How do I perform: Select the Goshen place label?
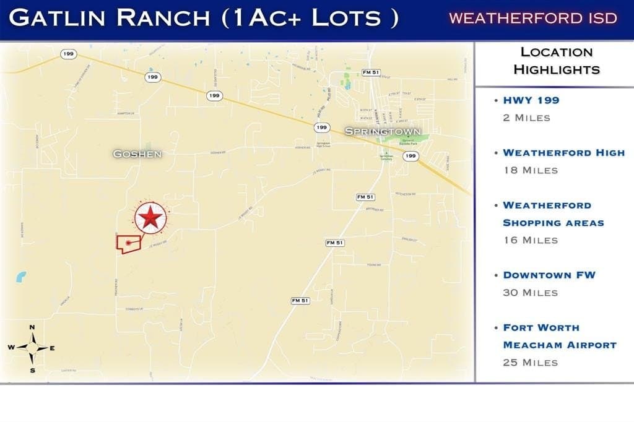tap(137, 153)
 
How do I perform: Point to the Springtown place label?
tap(383, 131)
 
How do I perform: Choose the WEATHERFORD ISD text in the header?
tap(532, 18)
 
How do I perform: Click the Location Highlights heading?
tap(557, 61)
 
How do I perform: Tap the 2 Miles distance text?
tap(526, 118)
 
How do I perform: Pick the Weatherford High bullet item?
tap(563, 153)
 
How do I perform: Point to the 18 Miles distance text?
tap(530, 170)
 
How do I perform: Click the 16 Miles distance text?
tap(530, 240)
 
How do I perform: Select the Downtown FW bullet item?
tap(549, 275)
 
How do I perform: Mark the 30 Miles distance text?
tap(530, 293)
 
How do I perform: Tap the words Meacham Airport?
tap(559, 345)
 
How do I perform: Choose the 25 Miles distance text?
tap(530, 362)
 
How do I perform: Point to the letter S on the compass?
tap(32, 370)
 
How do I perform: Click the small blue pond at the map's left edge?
tap(22, 277)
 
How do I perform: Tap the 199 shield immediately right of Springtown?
tap(410, 156)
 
